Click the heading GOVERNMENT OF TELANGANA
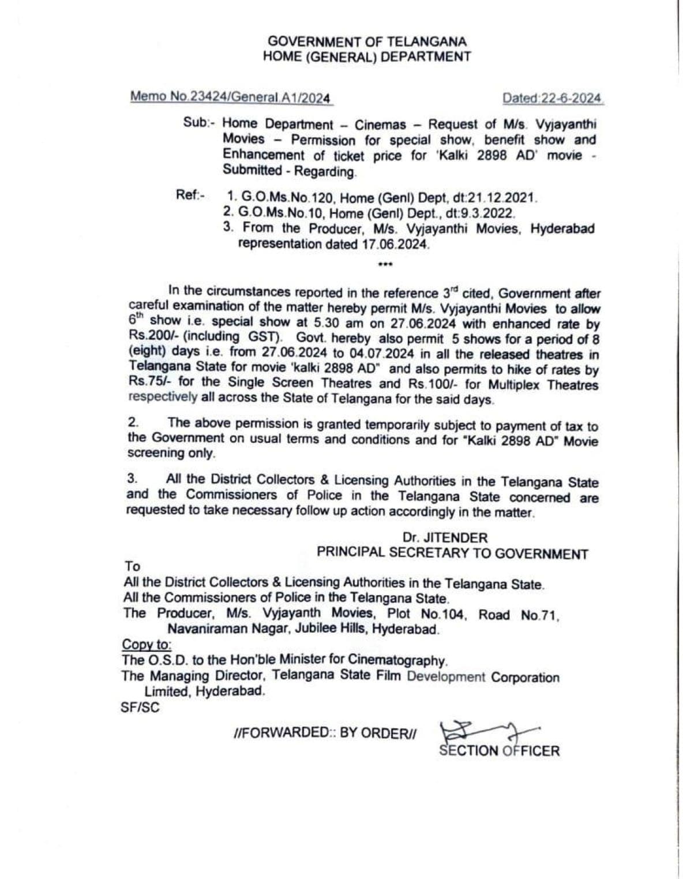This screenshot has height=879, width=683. pos(367,42)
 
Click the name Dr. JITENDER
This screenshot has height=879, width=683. pos(445,538)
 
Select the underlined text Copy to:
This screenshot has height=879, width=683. pos(147,645)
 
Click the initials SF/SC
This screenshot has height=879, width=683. pos(140,707)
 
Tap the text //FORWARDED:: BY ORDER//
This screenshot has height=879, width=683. pos(327,732)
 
